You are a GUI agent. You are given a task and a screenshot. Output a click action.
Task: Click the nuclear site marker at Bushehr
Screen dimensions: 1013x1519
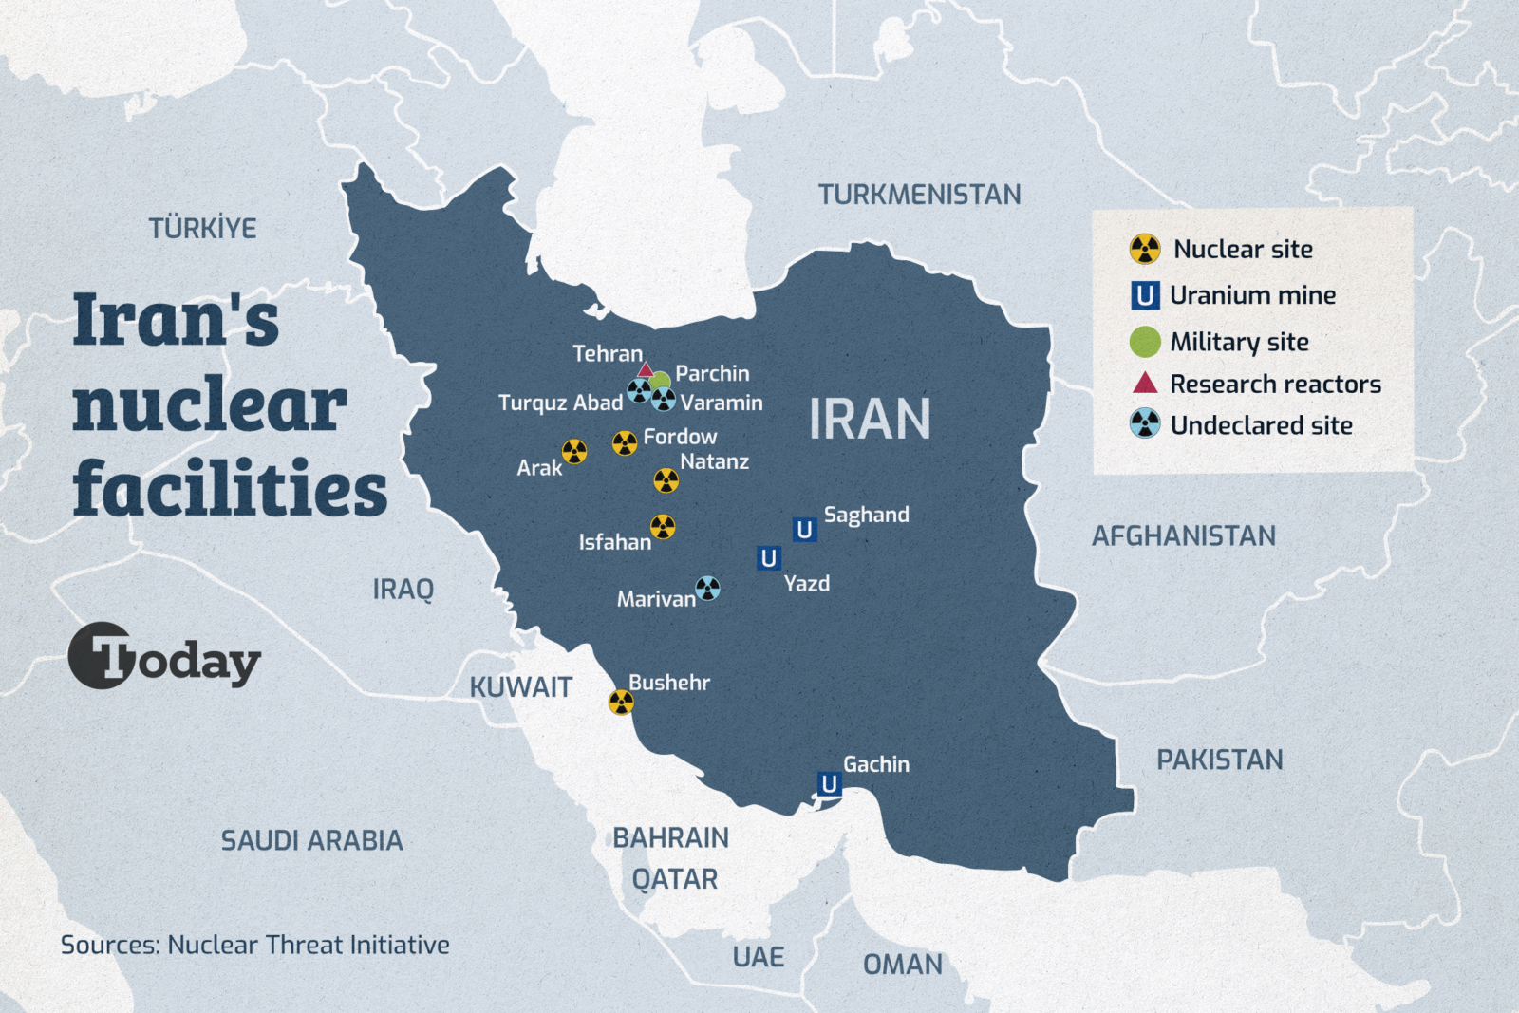point(621,703)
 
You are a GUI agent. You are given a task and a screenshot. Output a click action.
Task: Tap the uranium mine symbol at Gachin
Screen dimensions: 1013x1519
point(829,784)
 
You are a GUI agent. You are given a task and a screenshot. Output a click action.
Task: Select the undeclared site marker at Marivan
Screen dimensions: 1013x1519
point(707,589)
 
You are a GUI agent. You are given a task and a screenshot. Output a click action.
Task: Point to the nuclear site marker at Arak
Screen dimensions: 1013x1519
point(574,452)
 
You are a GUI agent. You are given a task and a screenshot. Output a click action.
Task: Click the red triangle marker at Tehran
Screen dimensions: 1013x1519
point(646,370)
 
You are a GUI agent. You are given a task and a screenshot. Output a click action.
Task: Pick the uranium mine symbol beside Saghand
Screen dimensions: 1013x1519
point(804,530)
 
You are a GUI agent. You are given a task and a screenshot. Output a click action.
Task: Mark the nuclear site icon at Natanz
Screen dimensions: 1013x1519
point(666,481)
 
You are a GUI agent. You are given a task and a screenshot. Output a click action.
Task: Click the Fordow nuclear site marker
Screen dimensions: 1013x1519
point(625,443)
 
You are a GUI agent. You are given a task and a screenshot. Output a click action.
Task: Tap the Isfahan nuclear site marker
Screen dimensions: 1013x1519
point(663,527)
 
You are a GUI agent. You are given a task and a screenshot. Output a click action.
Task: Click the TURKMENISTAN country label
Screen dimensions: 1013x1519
point(919,195)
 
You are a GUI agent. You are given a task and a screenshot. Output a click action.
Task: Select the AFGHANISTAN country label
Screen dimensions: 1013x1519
point(1183,536)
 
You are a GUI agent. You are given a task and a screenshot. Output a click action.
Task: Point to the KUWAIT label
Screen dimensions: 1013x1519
point(520,687)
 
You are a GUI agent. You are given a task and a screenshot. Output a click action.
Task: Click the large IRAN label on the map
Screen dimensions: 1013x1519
point(870,420)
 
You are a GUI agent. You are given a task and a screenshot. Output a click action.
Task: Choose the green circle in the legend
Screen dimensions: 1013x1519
point(1145,342)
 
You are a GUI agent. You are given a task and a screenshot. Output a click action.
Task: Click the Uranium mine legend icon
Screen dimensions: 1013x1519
point(1145,296)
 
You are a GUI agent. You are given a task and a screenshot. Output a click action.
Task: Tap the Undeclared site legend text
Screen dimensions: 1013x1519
point(1261,425)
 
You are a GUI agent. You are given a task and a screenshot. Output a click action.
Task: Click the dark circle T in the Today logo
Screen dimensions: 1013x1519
point(101,655)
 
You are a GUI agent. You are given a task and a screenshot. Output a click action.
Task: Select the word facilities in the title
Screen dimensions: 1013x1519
point(230,488)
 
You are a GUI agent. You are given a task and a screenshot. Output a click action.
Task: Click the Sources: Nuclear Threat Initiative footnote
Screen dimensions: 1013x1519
point(254,945)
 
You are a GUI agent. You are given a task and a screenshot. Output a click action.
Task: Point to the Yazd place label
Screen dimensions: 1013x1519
point(806,584)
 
